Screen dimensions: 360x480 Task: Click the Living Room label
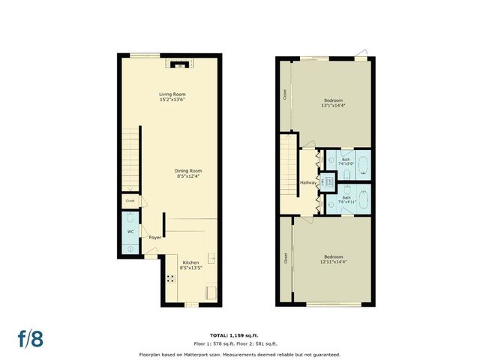pyautogui.click(x=172, y=97)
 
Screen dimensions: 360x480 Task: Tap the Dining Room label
pyautogui.click(x=189, y=173)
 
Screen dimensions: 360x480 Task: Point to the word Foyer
pyautogui.click(x=155, y=238)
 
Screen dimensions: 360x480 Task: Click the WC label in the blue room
pyautogui.click(x=130, y=232)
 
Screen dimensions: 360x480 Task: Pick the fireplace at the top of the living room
pyautogui.click(x=178, y=65)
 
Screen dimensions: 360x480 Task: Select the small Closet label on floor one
pyautogui.click(x=130, y=201)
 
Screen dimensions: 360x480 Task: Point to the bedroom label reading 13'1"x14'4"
pyautogui.click(x=334, y=103)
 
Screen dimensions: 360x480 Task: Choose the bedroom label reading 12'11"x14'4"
pyautogui.click(x=334, y=259)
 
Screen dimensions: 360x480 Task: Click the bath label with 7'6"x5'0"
pyautogui.click(x=346, y=162)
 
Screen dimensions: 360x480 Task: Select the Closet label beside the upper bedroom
pyautogui.click(x=285, y=94)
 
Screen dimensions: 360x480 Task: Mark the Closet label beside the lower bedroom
pyautogui.click(x=286, y=258)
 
